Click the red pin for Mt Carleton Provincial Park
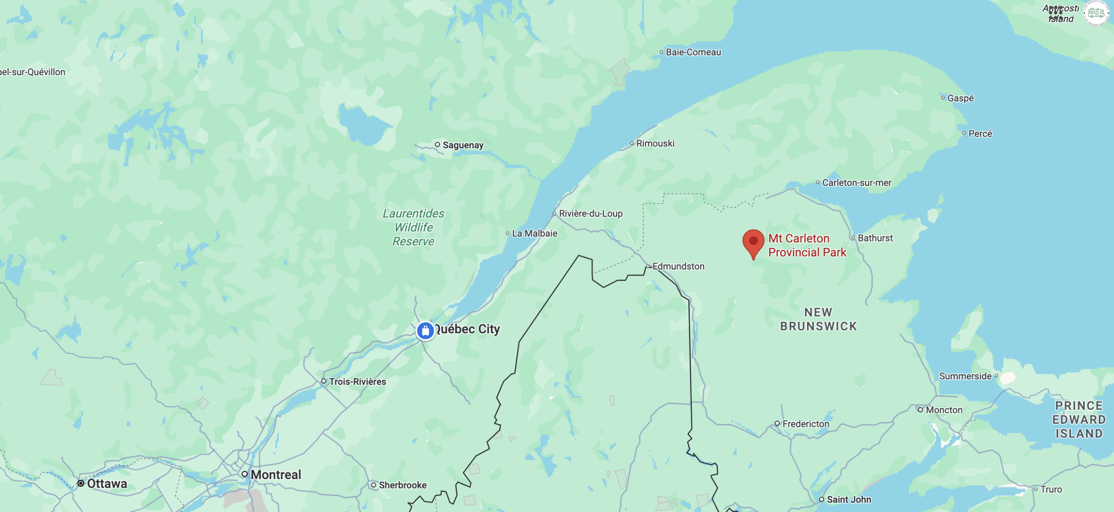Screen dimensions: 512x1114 pos(753,242)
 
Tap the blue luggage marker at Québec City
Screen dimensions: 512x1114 pos(425,331)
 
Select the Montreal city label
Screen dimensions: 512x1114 pos(275,475)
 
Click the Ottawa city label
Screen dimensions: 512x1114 pos(107,484)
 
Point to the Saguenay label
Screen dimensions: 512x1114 pos(463,145)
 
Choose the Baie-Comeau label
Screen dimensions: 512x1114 pos(693,52)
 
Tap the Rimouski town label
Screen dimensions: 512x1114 pos(655,144)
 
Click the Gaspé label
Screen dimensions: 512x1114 pos(960,98)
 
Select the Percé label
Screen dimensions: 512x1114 pos(980,134)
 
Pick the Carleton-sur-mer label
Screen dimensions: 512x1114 pos(856,183)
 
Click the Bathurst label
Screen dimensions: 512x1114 pos(875,238)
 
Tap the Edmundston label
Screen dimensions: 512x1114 pos(678,266)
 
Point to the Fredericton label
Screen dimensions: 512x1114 pos(805,424)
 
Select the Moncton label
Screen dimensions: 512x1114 pos(944,410)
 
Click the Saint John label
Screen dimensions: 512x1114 pos(849,499)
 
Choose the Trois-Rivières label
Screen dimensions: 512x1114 pos(357,381)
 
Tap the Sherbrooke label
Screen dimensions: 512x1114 pos(403,485)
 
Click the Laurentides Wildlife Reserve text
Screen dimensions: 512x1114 pos(413,228)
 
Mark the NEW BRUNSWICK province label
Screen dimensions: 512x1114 pos(818,319)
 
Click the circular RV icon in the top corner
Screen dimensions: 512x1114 pos(1096,13)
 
